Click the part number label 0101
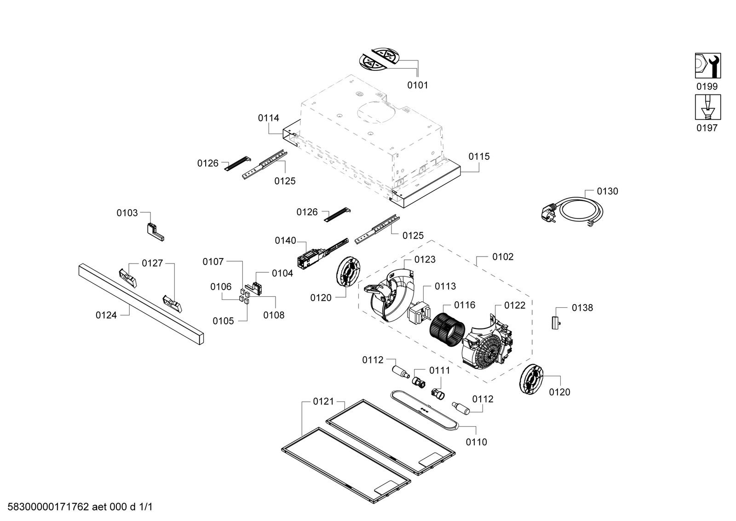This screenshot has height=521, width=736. coord(417,85)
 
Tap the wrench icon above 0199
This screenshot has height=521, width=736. coord(707,66)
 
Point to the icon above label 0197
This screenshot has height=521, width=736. coord(707,107)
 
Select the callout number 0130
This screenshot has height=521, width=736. coord(607,191)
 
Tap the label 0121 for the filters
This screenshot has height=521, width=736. coord(323,402)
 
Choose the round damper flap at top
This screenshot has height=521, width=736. coord(379,59)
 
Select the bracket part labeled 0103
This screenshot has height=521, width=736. coord(154,232)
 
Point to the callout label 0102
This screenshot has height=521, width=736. coord(503,257)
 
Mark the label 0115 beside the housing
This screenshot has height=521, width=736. coord(479,157)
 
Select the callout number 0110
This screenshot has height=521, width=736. coord(476,442)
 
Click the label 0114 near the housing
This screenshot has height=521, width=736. coord(268,118)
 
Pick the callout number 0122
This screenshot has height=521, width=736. coord(514,305)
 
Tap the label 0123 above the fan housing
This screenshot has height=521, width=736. coord(425,260)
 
